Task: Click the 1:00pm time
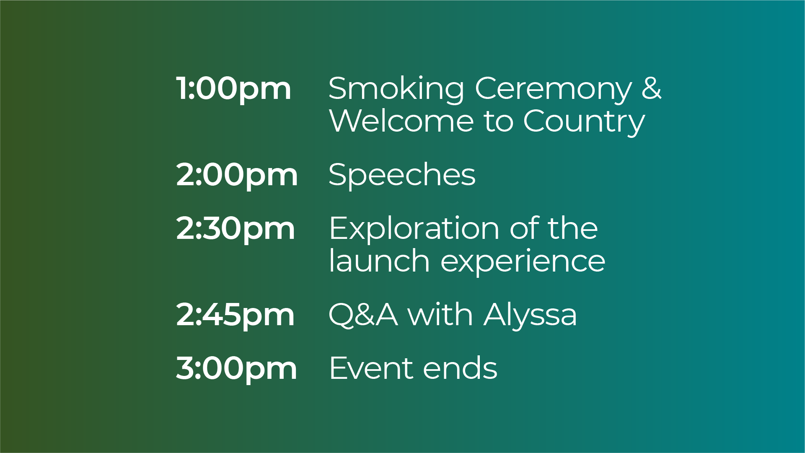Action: click(x=233, y=89)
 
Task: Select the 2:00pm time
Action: click(x=237, y=175)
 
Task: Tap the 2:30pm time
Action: click(x=236, y=229)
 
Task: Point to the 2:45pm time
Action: click(x=235, y=315)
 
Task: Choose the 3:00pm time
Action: click(x=236, y=369)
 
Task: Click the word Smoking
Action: click(x=396, y=89)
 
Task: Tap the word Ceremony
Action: click(x=553, y=89)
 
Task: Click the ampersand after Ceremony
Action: click(x=652, y=88)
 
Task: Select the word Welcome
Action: click(x=401, y=121)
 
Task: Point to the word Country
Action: click(x=584, y=122)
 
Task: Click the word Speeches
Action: click(x=402, y=175)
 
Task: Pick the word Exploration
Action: click(x=414, y=229)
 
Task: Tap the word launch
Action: click(x=379, y=261)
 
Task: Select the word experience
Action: click(x=523, y=262)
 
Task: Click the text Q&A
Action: click(x=363, y=314)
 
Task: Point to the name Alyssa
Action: click(x=530, y=315)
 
